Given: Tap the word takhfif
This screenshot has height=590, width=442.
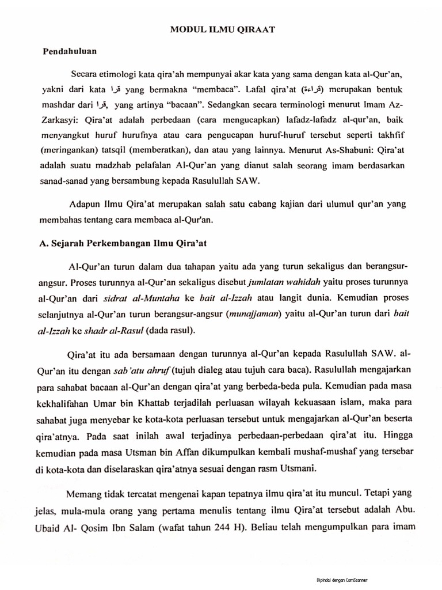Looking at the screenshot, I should point(395,136).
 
